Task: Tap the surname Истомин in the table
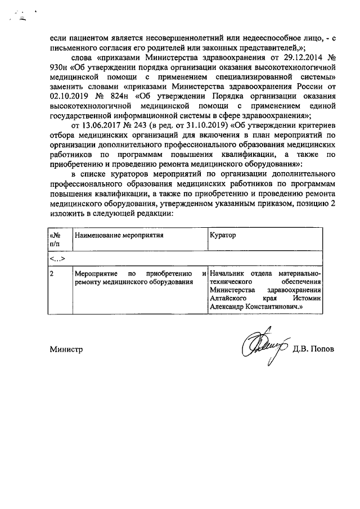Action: pyautogui.click(x=308, y=299)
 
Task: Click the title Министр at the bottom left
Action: pyautogui.click(x=66, y=349)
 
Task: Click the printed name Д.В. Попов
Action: pyautogui.click(x=313, y=348)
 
